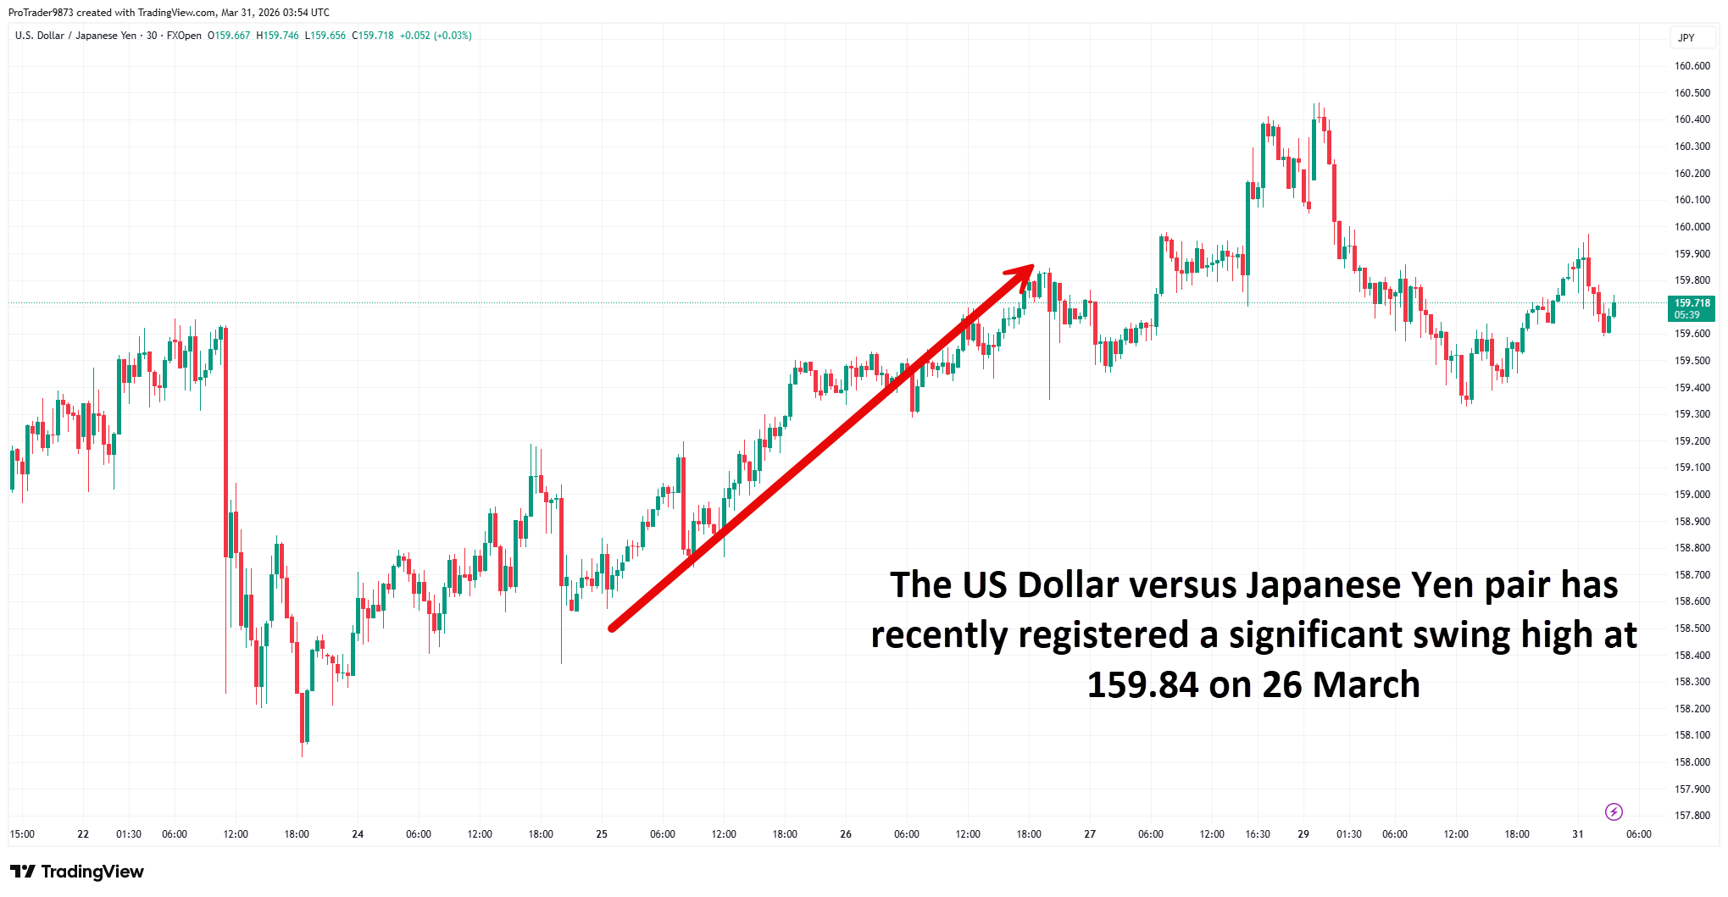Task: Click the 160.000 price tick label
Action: [x=1692, y=227]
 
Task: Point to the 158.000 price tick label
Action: [x=1692, y=762]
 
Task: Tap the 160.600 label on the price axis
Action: [x=1692, y=66]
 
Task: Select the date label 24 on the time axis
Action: [x=358, y=834]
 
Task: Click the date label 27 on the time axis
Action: [x=1090, y=834]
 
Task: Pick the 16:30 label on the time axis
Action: [x=1258, y=834]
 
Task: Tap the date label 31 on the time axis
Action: [x=1577, y=834]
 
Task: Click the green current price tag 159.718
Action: [x=1692, y=308]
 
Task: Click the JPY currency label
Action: [x=1686, y=38]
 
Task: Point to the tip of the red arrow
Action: [x=1032, y=266]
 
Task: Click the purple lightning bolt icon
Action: [x=1614, y=812]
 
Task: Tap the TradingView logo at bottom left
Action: [x=77, y=872]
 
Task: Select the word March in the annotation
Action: [x=1370, y=685]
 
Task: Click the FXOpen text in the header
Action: [x=184, y=36]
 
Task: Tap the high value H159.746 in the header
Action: [x=277, y=36]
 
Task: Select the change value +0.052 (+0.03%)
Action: [x=436, y=36]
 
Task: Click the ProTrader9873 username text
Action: [x=41, y=13]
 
